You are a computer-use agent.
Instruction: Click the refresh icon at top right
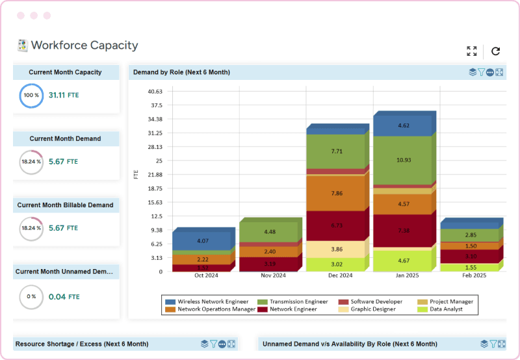click(495, 51)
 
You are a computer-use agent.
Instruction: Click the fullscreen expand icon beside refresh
click(472, 51)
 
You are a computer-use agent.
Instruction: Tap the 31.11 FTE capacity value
click(64, 95)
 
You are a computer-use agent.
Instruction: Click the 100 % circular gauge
click(31, 95)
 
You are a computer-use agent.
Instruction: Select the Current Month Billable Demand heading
click(66, 205)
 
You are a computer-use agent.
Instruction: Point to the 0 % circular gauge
click(31, 296)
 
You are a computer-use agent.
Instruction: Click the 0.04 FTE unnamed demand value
click(64, 296)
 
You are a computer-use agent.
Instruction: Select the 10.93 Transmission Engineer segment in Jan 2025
click(403, 160)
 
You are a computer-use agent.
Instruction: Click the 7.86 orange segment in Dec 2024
click(336, 193)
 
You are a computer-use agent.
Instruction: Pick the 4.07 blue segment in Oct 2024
click(202, 241)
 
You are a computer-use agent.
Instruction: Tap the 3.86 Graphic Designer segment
click(336, 249)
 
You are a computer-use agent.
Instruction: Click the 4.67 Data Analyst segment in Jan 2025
click(403, 261)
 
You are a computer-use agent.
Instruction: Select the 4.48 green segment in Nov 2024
click(269, 232)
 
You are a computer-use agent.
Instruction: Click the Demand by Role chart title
click(181, 72)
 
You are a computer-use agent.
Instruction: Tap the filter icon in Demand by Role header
click(482, 72)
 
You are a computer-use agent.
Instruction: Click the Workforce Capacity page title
click(84, 45)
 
